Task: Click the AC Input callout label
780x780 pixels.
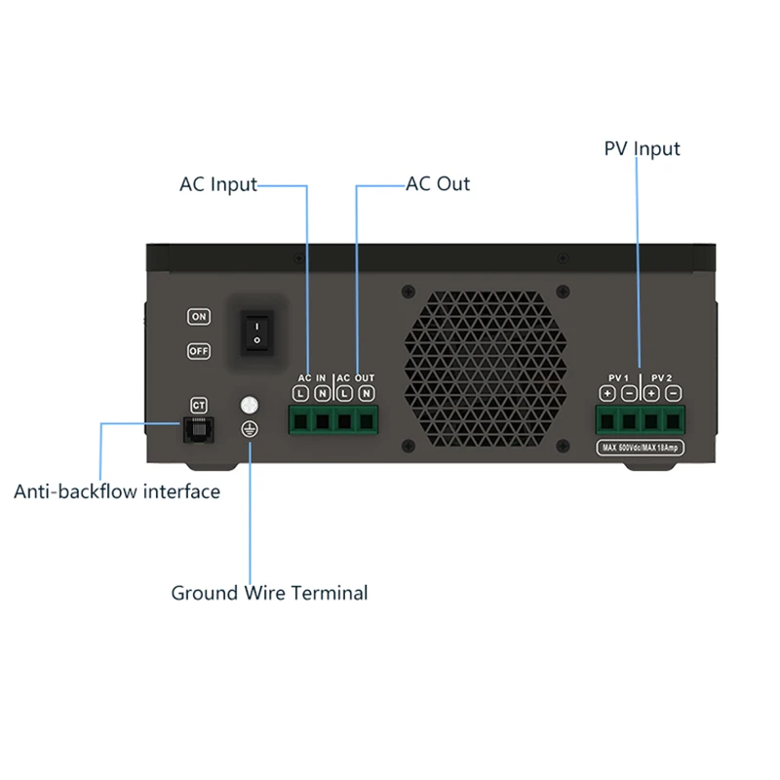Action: tap(217, 184)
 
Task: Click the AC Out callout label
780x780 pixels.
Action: tap(438, 184)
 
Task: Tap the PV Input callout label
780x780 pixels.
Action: tap(642, 149)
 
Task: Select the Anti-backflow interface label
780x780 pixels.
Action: tap(117, 491)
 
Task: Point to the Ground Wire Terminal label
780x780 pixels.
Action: tap(269, 593)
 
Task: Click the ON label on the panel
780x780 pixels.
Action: tap(199, 317)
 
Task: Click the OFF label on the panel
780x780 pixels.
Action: tap(199, 351)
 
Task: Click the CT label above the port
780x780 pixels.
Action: tap(199, 404)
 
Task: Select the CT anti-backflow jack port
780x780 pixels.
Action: tap(199, 429)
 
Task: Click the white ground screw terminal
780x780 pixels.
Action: tap(250, 404)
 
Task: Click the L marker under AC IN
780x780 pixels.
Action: tap(300, 393)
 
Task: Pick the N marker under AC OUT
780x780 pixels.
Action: tap(367, 393)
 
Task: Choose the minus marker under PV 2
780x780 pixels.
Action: tap(674, 393)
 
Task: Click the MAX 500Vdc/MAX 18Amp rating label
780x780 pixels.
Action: tap(640, 447)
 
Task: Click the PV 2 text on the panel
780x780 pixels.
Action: tap(662, 377)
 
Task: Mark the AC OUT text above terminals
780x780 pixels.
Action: tap(356, 377)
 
